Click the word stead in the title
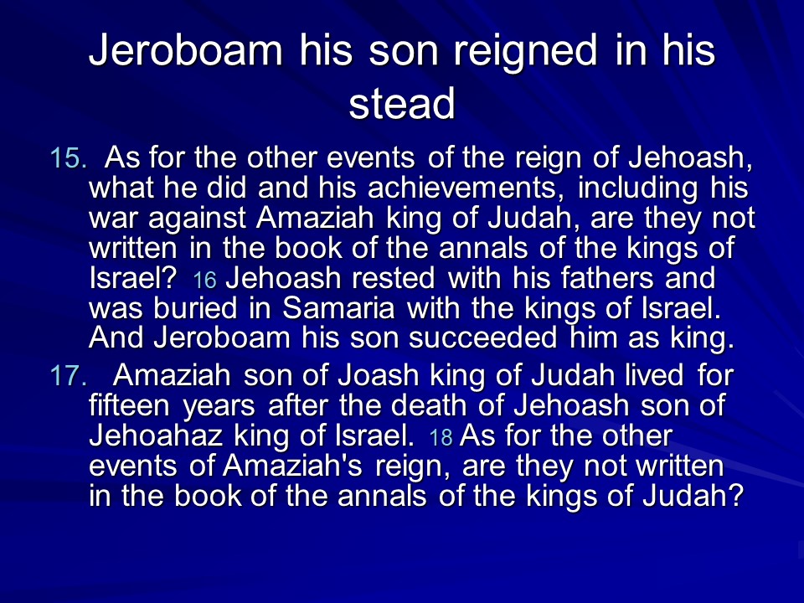click(401, 102)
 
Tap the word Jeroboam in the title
click(186, 49)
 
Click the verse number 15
click(68, 157)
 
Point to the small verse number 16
click(204, 280)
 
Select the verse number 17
click(68, 376)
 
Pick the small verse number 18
click(441, 437)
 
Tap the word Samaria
click(338, 308)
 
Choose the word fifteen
click(129, 405)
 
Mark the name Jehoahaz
click(156, 435)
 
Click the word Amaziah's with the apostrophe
click(293, 466)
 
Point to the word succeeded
click(483, 338)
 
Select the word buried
click(195, 308)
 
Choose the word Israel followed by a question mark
click(133, 278)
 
